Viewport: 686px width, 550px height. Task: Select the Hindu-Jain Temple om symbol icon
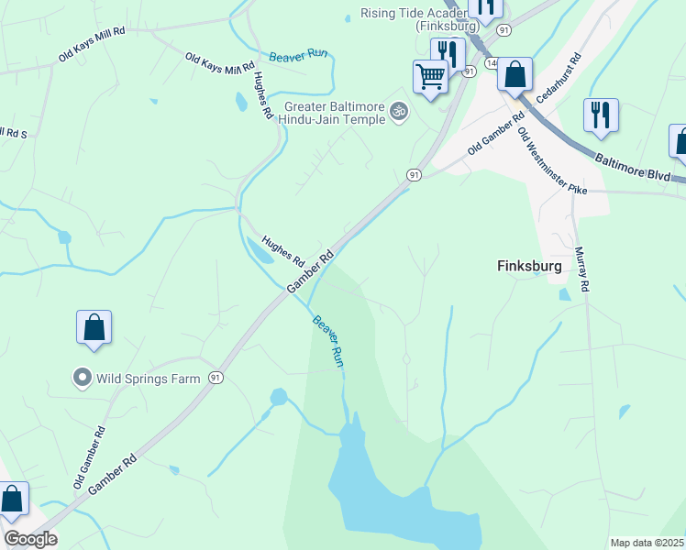pyautogui.click(x=398, y=112)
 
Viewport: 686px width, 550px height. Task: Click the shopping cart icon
pyautogui.click(x=430, y=76)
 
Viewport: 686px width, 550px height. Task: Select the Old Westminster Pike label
pyautogui.click(x=550, y=161)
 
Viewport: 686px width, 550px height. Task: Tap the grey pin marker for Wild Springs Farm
pyautogui.click(x=82, y=377)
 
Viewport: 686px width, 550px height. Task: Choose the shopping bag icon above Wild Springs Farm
pyautogui.click(x=94, y=327)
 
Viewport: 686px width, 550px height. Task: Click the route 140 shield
pyautogui.click(x=492, y=63)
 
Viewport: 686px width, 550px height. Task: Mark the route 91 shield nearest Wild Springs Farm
pyautogui.click(x=216, y=377)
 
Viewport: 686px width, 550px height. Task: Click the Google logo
pyautogui.click(x=29, y=539)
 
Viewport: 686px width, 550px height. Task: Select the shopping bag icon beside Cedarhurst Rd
pyautogui.click(x=515, y=74)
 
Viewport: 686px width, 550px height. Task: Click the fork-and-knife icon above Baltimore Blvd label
pyautogui.click(x=601, y=115)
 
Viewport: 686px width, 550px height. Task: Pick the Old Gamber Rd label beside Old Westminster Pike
pyautogui.click(x=495, y=133)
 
